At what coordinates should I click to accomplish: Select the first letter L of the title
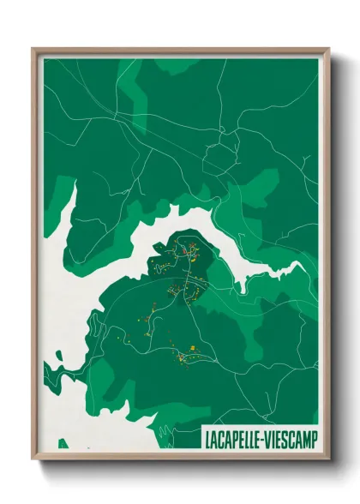[x=208, y=439]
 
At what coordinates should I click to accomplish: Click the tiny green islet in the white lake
[x=159, y=249]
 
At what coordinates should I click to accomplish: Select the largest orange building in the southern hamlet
[x=193, y=347]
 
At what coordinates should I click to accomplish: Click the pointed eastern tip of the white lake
[x=303, y=263]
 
